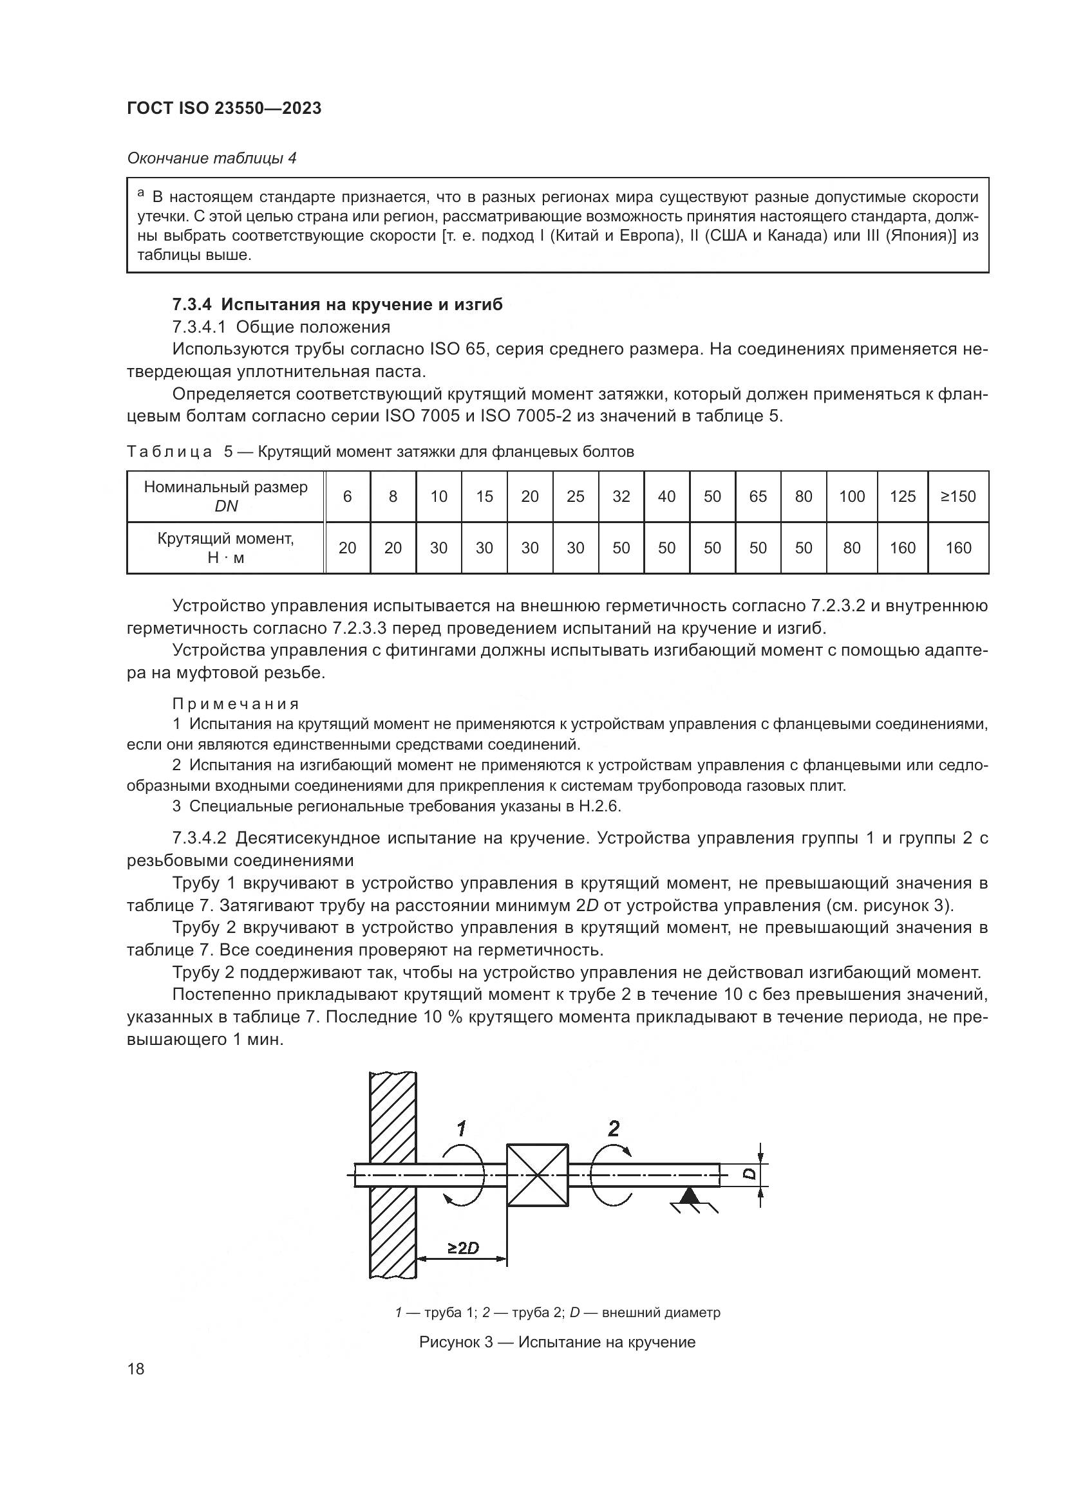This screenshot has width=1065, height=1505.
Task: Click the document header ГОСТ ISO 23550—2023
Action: point(224,109)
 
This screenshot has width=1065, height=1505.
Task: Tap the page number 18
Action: point(136,1369)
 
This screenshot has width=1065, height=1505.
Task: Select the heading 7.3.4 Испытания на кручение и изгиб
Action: point(337,305)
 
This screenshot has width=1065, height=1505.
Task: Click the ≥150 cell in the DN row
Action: point(958,496)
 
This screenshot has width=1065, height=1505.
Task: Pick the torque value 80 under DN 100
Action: point(851,548)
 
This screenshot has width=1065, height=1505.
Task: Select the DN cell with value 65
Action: point(757,496)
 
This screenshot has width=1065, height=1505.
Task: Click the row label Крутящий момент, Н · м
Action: point(225,548)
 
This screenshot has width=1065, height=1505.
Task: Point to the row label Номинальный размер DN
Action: point(225,496)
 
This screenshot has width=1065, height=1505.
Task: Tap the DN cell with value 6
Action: point(347,496)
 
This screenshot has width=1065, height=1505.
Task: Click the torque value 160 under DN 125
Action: point(902,548)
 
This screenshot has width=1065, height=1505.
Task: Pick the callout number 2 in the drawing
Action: point(613,1128)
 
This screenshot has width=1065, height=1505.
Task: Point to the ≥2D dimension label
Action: point(463,1248)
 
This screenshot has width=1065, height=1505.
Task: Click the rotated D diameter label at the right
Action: point(750,1174)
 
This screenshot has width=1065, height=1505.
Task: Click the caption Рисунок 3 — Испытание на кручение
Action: point(557,1342)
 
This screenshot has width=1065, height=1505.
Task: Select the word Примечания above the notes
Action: point(236,704)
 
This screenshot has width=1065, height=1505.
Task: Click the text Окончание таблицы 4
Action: point(212,159)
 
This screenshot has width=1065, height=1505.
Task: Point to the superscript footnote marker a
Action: point(140,194)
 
